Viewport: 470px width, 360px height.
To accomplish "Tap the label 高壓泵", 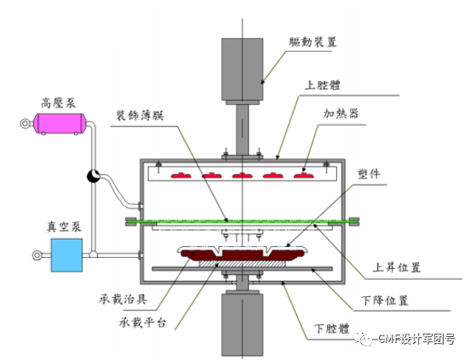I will [x=58, y=100].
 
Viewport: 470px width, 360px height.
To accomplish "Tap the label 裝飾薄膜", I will [x=141, y=114].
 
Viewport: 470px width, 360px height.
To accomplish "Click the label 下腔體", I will [x=331, y=329].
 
